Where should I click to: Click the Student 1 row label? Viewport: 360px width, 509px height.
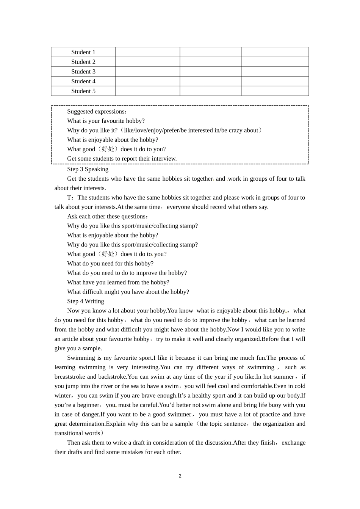point(83,52)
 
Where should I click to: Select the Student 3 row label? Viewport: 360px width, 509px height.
point(83,72)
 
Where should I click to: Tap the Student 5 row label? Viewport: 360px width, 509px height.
point(83,91)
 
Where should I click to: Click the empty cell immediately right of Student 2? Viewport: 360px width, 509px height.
point(147,62)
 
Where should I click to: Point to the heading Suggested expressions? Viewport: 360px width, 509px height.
point(97,111)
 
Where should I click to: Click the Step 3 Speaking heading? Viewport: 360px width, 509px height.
point(88,169)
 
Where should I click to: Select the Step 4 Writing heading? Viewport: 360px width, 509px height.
point(86,301)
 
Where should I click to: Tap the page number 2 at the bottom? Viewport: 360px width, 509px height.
point(180,476)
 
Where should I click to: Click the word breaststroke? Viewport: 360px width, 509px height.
point(70,376)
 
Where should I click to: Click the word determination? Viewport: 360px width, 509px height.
point(87,424)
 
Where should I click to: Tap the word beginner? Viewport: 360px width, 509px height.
point(88,405)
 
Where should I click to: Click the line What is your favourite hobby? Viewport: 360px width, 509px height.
point(106,121)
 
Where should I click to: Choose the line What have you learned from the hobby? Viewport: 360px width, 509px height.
point(118,282)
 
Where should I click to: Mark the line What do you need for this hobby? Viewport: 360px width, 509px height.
point(110,264)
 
